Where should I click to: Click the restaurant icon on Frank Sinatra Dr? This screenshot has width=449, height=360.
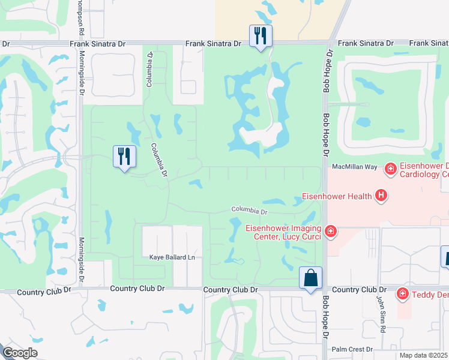click(261, 36)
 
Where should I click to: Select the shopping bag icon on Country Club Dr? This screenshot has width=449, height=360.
click(310, 278)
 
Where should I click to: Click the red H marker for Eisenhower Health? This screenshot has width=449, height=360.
click(380, 195)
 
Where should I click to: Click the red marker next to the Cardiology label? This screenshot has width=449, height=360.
click(390, 169)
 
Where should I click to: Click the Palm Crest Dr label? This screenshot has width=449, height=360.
click(352, 349)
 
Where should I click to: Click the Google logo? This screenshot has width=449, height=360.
click(20, 353)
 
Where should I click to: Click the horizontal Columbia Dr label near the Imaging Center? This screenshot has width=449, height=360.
click(250, 211)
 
